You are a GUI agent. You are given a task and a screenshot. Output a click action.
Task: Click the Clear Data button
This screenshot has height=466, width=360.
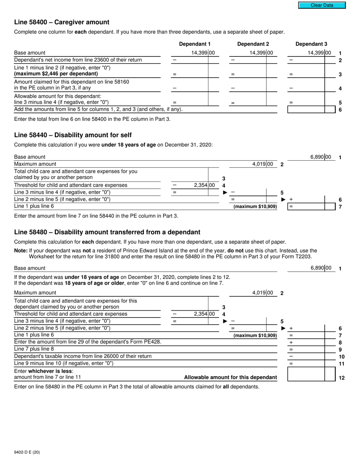click(322, 5)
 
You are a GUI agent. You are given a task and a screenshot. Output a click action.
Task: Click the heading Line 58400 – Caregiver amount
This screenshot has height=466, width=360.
click(62, 22)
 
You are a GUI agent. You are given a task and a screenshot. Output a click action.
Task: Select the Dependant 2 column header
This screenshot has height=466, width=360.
click(253, 44)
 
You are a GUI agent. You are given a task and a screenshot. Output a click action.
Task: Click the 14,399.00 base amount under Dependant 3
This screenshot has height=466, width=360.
click(319, 53)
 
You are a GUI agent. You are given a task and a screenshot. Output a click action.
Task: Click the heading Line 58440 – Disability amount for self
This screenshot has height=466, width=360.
click(73, 135)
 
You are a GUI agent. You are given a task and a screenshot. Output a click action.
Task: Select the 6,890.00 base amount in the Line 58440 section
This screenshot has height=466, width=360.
click(321, 157)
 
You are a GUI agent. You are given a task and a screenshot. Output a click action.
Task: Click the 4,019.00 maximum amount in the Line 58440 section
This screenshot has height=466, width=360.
click(262, 164)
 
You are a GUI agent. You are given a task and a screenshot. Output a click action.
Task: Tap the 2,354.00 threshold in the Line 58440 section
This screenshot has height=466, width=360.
click(204, 185)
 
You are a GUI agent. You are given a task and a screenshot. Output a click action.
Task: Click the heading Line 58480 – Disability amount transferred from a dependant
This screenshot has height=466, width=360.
click(107, 232)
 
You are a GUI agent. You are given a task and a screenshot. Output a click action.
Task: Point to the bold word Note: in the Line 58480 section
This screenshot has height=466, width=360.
click(21, 251)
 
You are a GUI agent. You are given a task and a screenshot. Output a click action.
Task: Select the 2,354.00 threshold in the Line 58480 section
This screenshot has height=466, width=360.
click(204, 314)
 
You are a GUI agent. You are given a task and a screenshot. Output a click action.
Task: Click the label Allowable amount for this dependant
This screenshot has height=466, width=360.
click(230, 377)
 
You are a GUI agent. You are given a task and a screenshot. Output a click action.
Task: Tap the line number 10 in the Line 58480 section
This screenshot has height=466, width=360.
click(341, 357)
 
